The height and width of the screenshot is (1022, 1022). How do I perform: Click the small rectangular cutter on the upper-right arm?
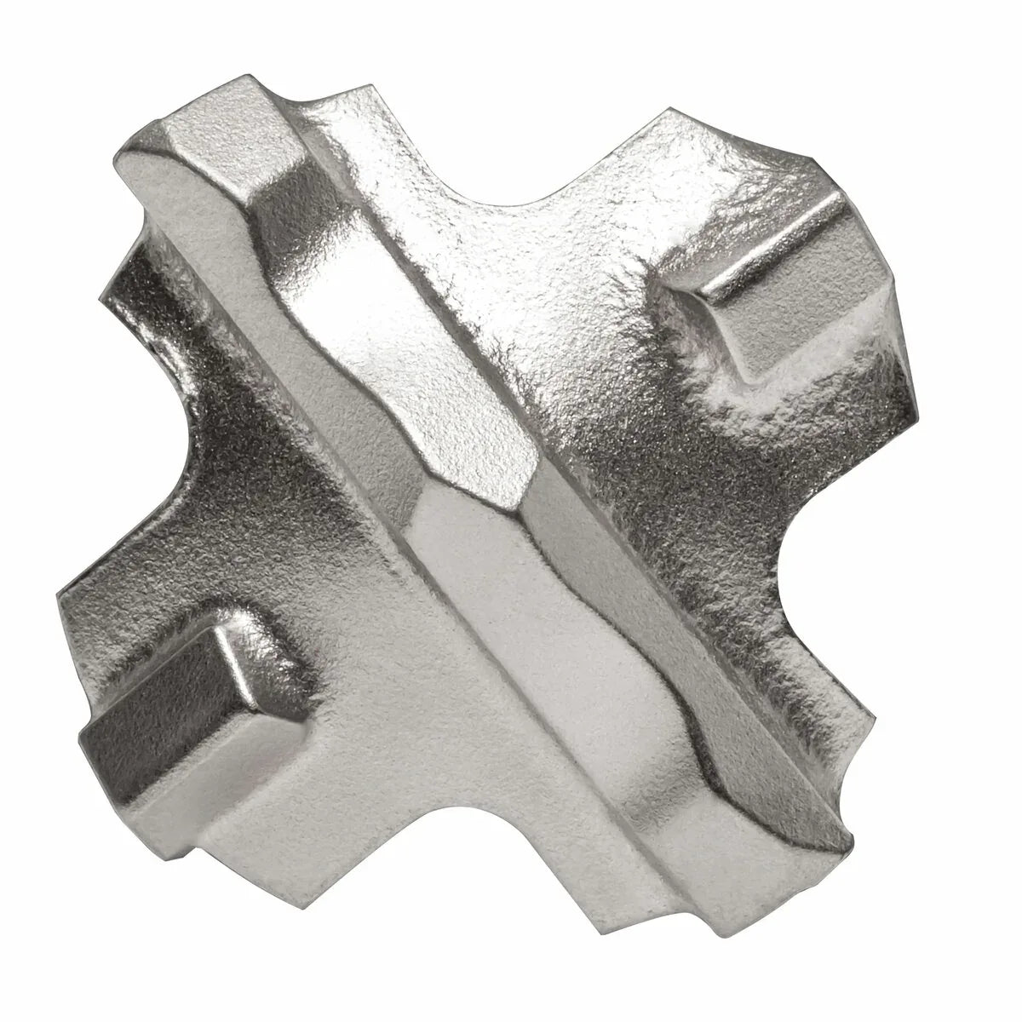pyautogui.click(x=766, y=281)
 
